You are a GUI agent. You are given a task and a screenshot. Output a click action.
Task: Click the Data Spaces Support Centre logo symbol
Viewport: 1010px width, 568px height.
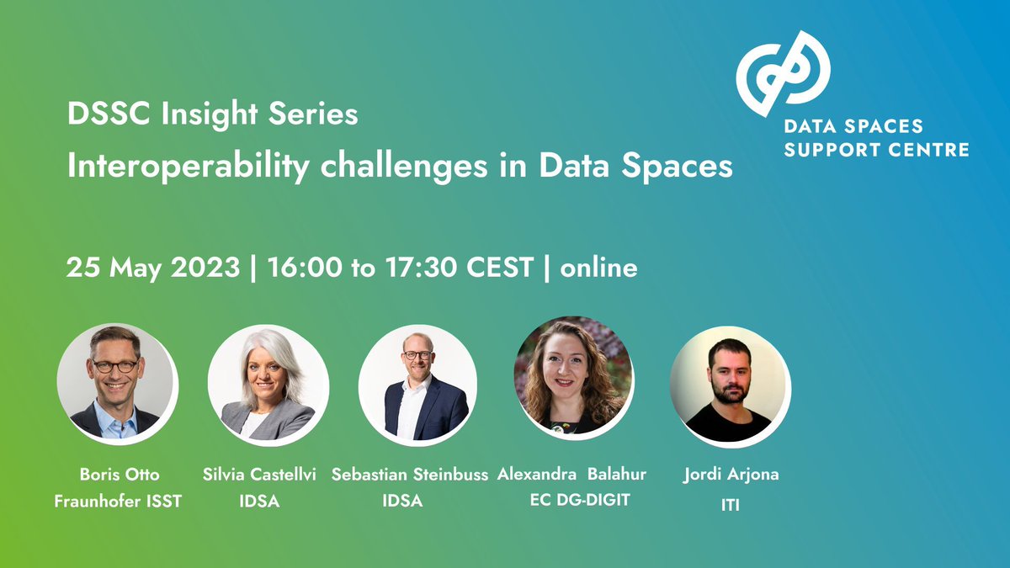tap(783, 73)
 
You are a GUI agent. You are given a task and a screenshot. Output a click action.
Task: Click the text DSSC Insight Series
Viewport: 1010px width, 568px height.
tap(213, 114)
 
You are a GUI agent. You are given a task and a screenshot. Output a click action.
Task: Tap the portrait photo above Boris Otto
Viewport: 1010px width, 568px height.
tap(116, 382)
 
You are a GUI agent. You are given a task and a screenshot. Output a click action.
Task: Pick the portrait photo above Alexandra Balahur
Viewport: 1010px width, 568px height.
tap(572, 377)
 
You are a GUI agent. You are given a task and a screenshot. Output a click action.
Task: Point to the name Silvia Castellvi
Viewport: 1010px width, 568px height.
tap(259, 475)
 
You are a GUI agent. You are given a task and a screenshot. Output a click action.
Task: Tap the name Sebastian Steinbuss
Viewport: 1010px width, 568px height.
tap(410, 475)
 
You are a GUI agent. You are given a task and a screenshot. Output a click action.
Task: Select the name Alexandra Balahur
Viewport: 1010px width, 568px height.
tap(571, 475)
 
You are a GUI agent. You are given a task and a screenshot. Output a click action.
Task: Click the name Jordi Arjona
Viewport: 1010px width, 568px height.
tap(731, 475)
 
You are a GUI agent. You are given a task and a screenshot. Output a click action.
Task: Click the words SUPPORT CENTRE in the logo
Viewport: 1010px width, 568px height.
tap(876, 150)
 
